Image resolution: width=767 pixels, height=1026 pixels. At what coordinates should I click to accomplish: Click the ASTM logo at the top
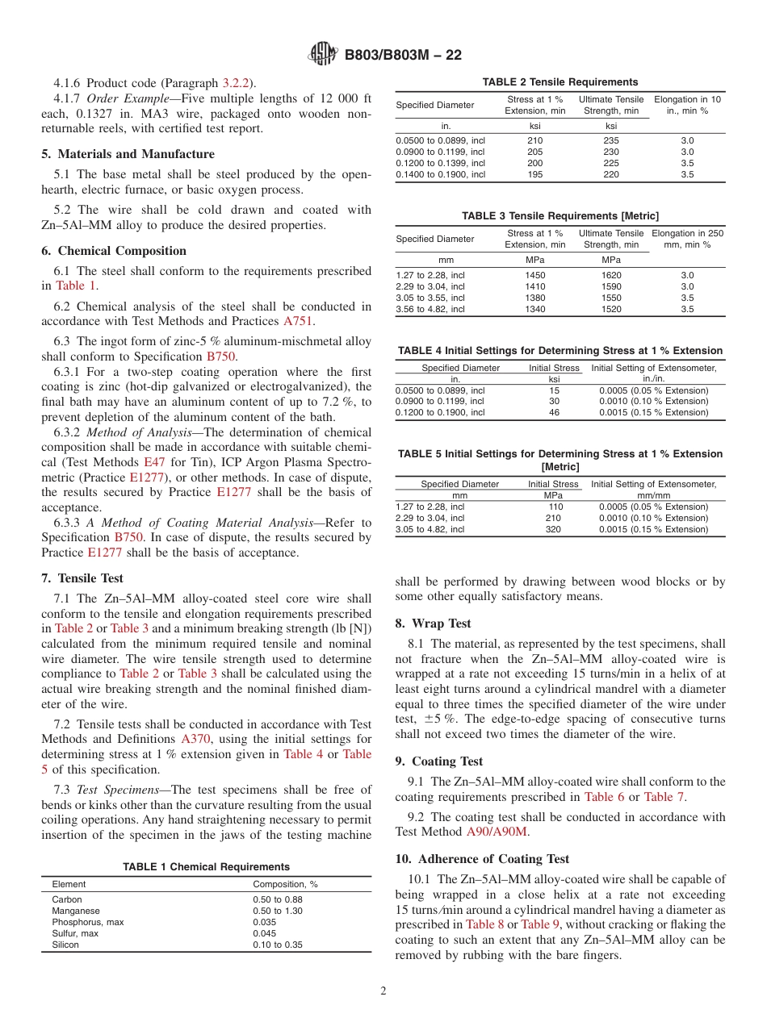(324, 55)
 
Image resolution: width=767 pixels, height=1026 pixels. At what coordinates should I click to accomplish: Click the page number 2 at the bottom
(383, 991)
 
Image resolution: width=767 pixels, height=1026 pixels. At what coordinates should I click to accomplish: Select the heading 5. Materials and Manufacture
(128, 154)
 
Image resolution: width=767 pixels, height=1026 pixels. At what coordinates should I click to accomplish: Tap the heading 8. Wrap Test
(433, 624)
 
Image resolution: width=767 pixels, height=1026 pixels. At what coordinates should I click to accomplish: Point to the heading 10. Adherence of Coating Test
(482, 859)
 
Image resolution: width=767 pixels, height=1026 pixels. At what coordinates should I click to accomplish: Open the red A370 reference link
(196, 739)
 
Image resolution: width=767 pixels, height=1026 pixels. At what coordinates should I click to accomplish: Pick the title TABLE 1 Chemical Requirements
(206, 867)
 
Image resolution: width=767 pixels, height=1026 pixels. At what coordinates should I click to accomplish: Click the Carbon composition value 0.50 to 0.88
(278, 899)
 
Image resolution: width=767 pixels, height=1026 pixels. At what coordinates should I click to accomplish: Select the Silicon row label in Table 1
(65, 945)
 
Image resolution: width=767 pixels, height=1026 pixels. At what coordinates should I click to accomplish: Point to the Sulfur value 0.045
(266, 933)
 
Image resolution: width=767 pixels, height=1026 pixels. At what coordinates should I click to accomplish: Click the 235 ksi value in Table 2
(611, 140)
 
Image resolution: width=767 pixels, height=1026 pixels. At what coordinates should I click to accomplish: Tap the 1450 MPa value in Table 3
(534, 275)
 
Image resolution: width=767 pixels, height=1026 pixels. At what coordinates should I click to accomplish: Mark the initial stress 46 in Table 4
(554, 412)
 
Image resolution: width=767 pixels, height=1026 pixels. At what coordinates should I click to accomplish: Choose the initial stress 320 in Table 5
(554, 530)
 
